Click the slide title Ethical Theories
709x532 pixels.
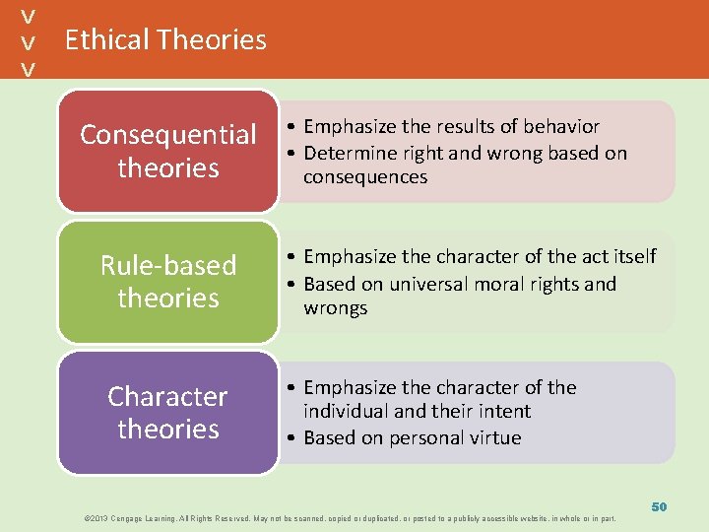(165, 39)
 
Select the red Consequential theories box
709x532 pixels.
(167, 151)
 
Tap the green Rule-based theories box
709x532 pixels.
(167, 282)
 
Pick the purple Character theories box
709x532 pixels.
(167, 413)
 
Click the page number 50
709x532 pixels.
(659, 506)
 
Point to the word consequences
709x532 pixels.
(364, 177)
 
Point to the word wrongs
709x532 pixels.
(335, 308)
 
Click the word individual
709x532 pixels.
(347, 411)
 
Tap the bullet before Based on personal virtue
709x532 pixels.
(293, 438)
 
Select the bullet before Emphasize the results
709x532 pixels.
(293, 127)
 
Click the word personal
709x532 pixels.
(428, 437)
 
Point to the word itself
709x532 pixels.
(633, 256)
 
